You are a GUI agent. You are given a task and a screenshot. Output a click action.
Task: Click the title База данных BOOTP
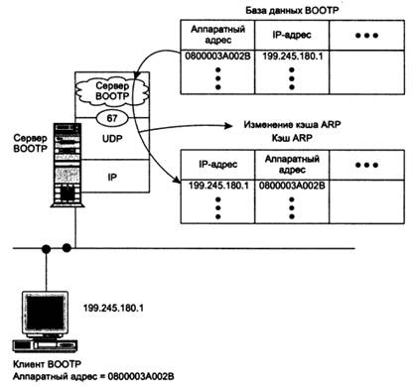292,11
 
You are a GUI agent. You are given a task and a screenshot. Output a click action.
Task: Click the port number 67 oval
112,118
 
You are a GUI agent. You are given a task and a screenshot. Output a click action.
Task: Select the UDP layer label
112,139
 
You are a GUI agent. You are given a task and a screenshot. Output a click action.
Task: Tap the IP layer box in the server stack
112,176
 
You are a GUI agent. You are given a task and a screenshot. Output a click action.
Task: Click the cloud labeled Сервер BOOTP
112,91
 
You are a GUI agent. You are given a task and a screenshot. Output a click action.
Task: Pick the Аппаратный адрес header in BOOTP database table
217,35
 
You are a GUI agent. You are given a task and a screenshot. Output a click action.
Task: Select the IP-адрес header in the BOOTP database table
292,35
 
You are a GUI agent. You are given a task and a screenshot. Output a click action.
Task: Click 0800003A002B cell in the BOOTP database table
217,57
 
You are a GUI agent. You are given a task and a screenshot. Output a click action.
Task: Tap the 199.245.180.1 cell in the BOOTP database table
292,57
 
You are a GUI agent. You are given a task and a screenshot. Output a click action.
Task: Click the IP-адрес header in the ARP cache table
217,165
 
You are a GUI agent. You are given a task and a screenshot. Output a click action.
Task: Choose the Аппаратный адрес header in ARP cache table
292,165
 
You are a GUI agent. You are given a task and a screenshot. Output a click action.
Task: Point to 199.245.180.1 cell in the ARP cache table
218,186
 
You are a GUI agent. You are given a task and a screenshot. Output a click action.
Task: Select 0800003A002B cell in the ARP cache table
292,186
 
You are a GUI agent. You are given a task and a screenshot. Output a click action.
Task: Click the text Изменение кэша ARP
292,125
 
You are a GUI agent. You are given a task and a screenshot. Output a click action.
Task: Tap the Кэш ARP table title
292,138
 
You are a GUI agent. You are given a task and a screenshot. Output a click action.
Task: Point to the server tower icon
68,165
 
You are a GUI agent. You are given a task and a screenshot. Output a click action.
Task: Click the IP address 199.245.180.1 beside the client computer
113,309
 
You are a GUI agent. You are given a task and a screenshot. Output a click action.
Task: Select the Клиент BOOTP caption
47,364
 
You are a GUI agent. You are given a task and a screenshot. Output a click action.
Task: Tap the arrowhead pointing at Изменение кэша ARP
227,126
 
